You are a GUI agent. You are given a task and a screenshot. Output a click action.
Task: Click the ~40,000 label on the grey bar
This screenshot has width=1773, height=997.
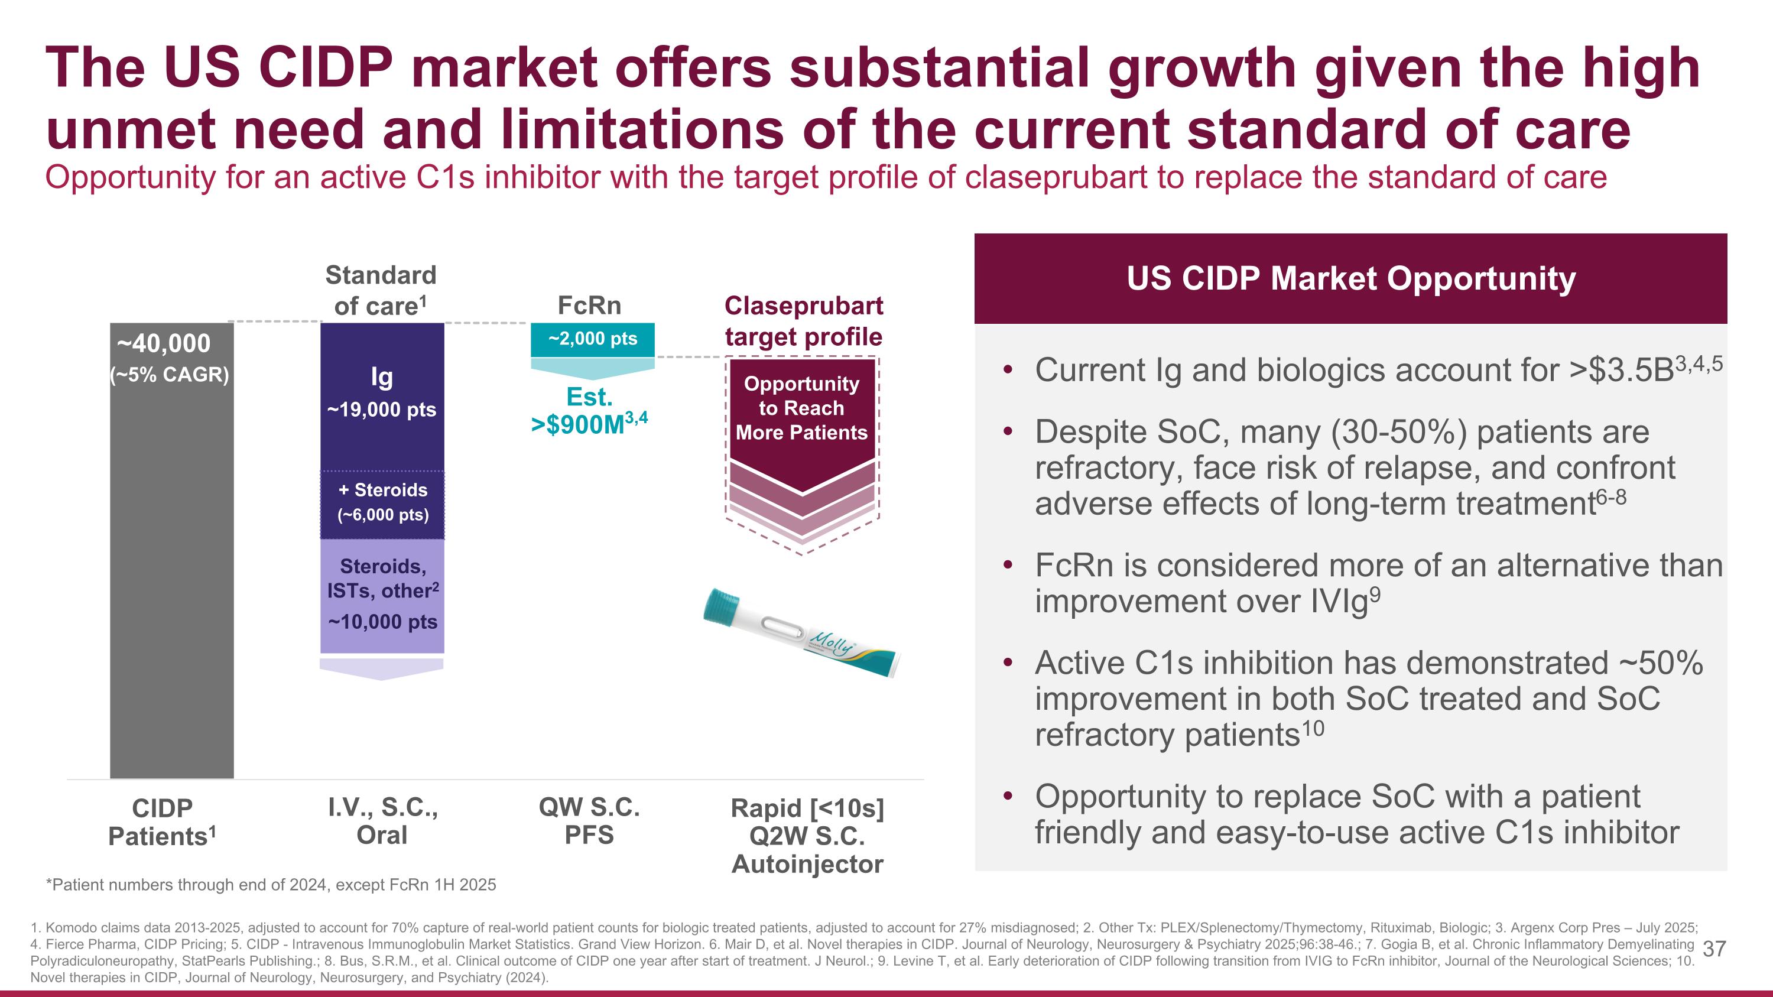point(164,343)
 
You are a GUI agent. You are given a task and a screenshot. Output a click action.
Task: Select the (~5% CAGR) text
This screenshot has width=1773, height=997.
point(169,375)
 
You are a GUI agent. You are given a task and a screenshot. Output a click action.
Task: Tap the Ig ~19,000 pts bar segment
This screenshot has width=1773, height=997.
point(382,395)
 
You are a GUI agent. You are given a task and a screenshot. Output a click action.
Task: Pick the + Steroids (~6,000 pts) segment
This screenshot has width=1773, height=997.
point(383,503)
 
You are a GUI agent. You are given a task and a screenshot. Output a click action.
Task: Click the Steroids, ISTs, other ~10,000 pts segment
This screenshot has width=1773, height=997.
point(383,595)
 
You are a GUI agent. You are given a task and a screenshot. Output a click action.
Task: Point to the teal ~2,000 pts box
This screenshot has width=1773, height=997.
point(592,339)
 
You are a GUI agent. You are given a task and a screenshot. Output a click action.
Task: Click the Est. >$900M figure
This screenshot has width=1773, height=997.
point(589,411)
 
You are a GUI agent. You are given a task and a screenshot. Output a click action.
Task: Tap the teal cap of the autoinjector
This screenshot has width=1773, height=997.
point(720,607)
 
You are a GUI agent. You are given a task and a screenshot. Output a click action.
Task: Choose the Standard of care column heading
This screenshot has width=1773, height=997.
point(381,290)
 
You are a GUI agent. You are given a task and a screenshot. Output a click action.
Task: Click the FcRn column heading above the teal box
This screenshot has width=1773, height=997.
point(589,305)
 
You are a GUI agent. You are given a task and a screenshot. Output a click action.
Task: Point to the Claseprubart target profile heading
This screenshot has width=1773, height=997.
point(803,321)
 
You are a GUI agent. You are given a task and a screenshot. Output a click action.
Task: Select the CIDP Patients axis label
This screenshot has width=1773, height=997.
point(163,822)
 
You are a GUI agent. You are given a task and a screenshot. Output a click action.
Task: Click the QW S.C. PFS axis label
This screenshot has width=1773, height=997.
point(589,821)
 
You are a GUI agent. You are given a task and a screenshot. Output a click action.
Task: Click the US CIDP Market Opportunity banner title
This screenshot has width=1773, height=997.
point(1350,279)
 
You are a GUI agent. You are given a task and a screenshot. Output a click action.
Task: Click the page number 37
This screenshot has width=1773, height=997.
point(1713,950)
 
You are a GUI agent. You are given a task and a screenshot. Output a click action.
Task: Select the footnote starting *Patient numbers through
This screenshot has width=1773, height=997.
point(271,885)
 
